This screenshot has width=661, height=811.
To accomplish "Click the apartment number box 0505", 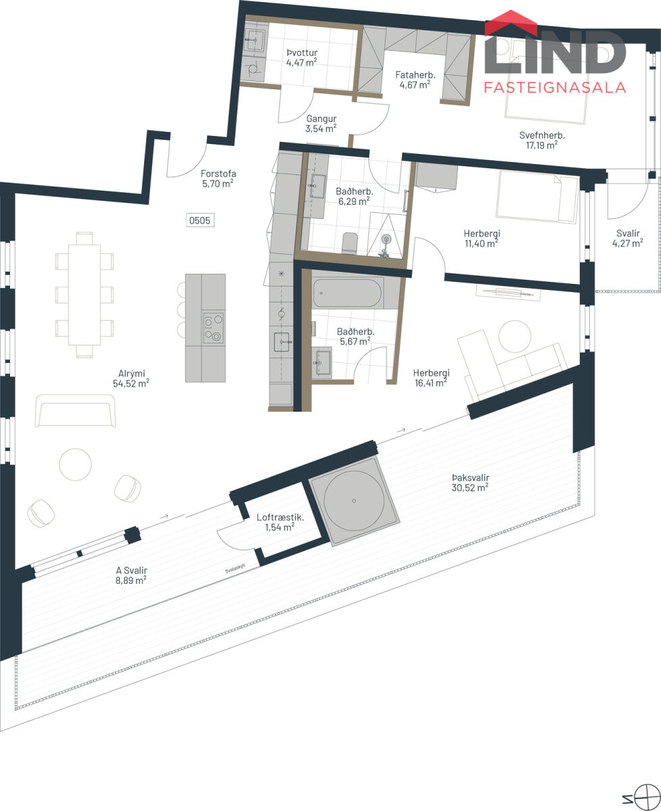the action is pos(200,220).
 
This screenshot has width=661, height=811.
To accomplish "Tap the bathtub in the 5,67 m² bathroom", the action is pos(347,293).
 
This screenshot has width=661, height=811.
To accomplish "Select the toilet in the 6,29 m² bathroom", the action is pos(350,243).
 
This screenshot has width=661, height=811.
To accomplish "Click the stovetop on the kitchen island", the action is pos(214,328).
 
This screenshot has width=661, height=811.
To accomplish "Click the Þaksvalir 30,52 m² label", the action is pos(470,483).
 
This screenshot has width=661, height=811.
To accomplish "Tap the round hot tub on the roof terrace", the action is pos(354,501).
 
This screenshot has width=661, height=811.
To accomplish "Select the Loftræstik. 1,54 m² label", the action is pos(280,522).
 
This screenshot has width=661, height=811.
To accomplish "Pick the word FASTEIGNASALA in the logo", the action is pos(555,88).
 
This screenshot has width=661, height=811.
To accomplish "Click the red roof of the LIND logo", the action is pos(511,22).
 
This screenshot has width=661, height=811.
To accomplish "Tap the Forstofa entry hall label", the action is pos(218,178).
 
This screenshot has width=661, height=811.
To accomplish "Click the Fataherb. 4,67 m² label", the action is pos(415,80).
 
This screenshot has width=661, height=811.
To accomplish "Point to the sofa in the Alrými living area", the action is pos(75,410).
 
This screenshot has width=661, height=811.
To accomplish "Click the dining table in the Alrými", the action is pos(85,295).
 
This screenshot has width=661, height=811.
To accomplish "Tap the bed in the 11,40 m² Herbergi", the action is pos(537,197).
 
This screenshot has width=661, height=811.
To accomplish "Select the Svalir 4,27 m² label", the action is pos(628,238).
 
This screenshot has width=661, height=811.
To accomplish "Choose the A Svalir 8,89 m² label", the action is pos(131,575).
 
